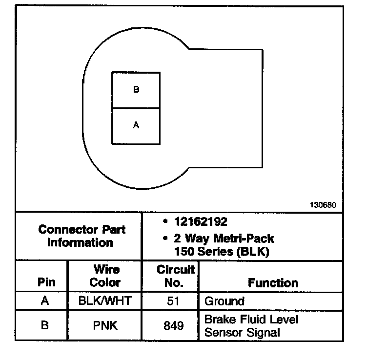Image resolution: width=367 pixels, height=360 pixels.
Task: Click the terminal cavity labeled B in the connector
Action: coord(136,90)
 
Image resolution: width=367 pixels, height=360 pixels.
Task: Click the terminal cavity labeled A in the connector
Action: coord(136,126)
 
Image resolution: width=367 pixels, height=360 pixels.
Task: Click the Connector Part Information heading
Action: coord(82,236)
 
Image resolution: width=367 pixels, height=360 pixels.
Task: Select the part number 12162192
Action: coord(201,222)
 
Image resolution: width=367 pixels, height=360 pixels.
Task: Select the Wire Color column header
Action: coord(105,276)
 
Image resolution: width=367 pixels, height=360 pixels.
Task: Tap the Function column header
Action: coord(273,282)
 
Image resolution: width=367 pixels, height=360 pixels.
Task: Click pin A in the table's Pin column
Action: coord(45,300)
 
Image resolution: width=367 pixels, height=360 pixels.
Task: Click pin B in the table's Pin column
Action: coord(45,325)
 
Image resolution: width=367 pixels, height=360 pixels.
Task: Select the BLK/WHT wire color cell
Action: coord(105,300)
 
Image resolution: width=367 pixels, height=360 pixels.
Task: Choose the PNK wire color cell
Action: coord(105,325)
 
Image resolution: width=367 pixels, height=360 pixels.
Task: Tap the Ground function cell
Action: coord(224,301)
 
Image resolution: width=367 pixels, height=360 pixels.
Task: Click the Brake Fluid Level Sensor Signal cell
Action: coord(251,326)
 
